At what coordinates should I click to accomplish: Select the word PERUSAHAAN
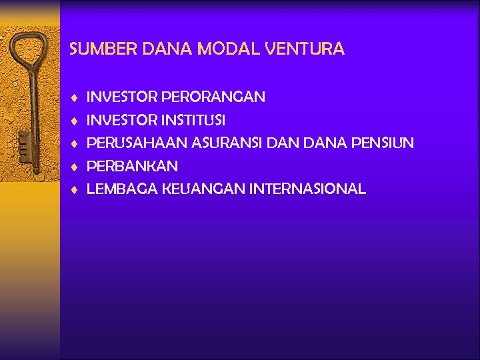point(137,143)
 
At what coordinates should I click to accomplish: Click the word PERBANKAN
point(133,166)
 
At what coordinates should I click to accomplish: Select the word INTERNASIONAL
point(307,189)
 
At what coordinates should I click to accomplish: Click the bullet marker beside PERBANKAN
point(76,167)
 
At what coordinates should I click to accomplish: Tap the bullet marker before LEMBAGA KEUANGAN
point(76,190)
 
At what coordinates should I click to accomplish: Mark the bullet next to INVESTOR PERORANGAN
point(76,98)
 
